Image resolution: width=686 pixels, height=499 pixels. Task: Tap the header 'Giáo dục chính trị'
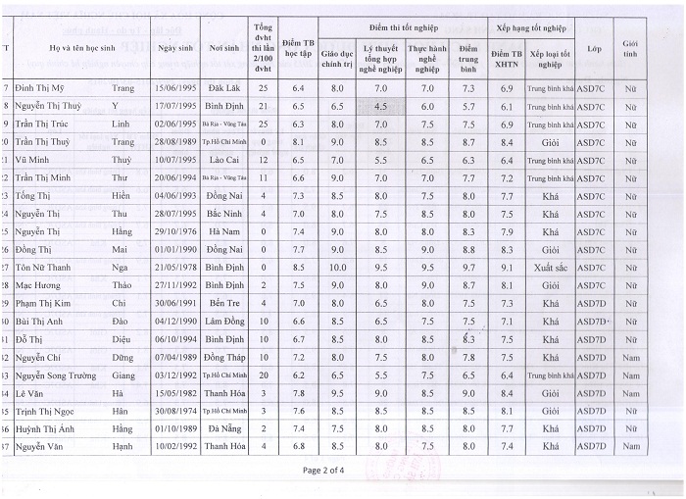[x=337, y=58]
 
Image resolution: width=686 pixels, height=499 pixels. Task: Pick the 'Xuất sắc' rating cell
[x=551, y=267]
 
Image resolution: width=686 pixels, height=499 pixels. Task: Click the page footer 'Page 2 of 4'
[x=323, y=471]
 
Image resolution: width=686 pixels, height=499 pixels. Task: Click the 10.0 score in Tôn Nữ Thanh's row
[x=337, y=267]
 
